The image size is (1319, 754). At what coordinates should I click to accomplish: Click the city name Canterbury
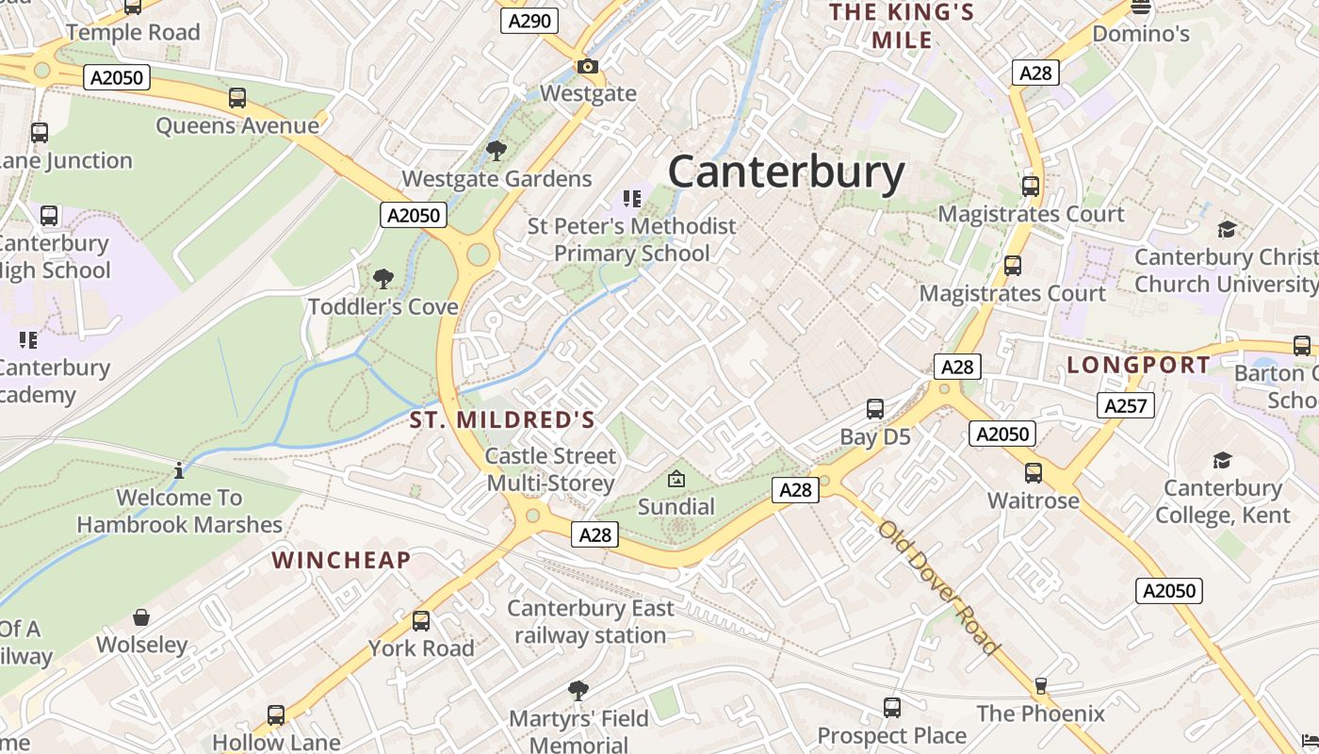pos(786,173)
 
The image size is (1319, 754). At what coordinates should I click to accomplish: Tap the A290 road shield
pos(529,21)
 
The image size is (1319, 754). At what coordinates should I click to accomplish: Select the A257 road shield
pos(1125,405)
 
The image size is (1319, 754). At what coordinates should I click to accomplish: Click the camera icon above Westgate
pos(587,66)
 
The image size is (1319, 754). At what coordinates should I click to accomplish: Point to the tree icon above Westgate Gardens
pos(496,151)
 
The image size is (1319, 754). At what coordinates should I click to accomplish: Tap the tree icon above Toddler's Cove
pos(383,279)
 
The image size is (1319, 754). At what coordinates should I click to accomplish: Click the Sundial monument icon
pos(676,479)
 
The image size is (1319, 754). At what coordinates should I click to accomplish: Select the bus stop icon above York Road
pos(421,621)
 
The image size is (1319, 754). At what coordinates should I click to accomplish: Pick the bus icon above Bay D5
pos(874,409)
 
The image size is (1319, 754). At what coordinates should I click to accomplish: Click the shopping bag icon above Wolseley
pos(141,617)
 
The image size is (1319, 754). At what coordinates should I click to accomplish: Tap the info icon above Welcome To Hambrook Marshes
pos(179,469)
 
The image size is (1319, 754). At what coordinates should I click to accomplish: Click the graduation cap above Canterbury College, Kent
pos(1222,460)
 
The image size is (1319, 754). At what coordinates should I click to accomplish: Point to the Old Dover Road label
pos(937,586)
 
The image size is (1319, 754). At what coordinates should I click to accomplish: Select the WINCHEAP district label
pos(341,560)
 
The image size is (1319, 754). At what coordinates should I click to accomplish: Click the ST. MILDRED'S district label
pos(502,420)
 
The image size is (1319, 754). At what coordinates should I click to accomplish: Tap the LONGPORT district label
pos(1138,365)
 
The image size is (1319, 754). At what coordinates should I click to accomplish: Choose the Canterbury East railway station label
pos(591,622)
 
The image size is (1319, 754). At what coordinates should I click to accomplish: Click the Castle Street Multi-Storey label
pos(550,469)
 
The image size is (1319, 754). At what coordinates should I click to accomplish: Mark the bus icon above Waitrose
pos(1034,472)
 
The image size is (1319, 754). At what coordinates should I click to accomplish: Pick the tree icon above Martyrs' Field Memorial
pos(578,691)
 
